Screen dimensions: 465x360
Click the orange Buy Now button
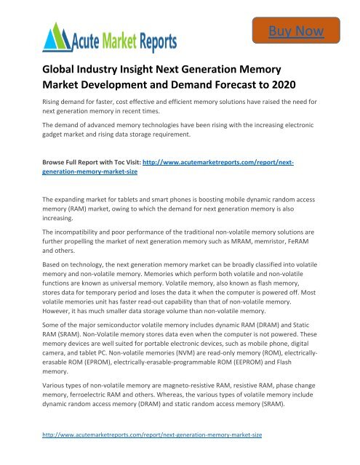click(x=303, y=31)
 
